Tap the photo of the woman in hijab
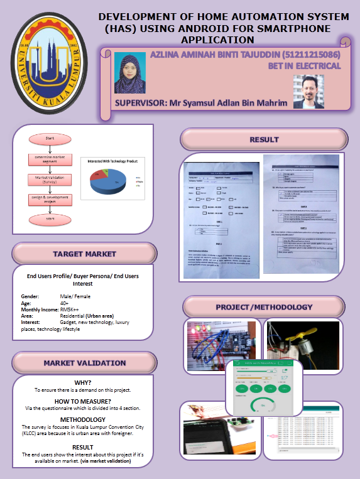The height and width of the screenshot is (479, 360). click(129, 72)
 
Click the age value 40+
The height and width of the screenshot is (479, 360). click(64, 303)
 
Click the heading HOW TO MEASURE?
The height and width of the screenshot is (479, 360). click(83, 401)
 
